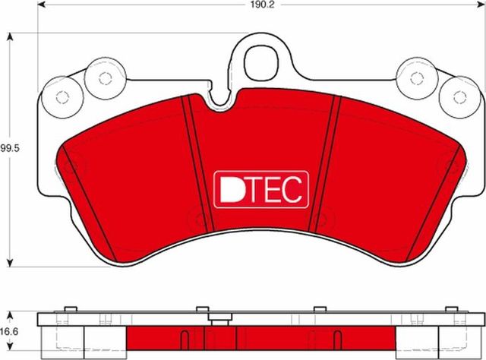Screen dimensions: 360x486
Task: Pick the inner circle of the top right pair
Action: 413,77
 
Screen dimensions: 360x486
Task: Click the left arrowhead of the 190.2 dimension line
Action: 39,5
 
